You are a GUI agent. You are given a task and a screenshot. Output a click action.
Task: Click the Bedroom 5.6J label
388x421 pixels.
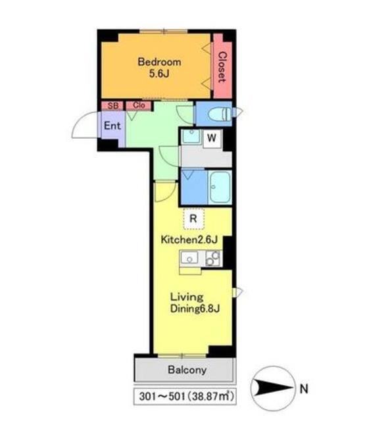[159, 67]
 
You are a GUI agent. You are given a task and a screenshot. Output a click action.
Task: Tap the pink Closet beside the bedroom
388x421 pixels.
[222, 66]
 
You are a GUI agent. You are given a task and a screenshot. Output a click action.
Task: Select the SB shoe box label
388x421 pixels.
[113, 105]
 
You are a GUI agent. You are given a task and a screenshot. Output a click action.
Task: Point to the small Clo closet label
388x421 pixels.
[139, 105]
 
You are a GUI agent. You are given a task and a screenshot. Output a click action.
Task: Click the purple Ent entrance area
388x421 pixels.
[112, 126]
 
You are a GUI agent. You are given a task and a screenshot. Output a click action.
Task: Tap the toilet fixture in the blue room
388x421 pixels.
[220, 114]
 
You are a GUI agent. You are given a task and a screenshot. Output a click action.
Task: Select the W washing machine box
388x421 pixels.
[212, 139]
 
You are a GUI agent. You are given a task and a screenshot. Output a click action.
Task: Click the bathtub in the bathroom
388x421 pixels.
[220, 187]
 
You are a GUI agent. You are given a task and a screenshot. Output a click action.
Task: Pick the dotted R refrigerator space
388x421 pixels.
[193, 218]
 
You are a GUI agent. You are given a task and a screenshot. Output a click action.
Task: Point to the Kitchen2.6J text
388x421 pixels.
[189, 239]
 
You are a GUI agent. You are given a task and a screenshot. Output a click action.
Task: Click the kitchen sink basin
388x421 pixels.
[189, 258]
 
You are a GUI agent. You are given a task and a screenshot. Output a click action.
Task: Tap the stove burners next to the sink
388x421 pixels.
[213, 259]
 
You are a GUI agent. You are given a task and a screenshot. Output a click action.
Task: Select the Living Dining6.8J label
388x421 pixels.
[195, 303]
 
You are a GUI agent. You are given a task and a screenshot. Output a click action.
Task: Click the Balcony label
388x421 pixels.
[187, 370]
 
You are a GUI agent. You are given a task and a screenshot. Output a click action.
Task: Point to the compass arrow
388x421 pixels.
[273, 388]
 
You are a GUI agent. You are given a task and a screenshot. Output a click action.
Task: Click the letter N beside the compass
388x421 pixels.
[304, 389]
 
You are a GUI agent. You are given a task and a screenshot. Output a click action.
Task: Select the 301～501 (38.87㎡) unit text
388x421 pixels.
[186, 396]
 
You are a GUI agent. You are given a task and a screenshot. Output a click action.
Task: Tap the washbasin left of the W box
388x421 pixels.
[191, 137]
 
